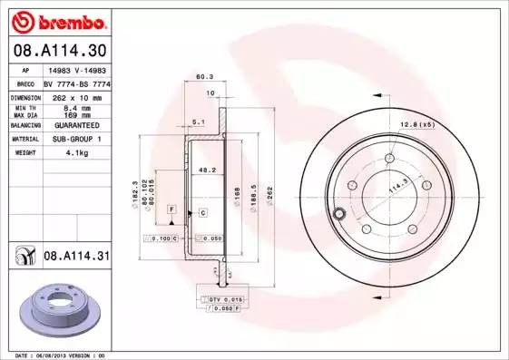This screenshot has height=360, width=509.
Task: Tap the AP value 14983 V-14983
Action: [76, 70]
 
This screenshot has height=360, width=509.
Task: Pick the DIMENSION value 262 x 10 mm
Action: [76, 96]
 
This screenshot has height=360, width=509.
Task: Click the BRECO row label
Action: [25, 83]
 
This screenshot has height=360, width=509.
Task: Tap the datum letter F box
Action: [170, 209]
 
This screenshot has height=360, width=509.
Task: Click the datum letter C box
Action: [203, 211]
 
